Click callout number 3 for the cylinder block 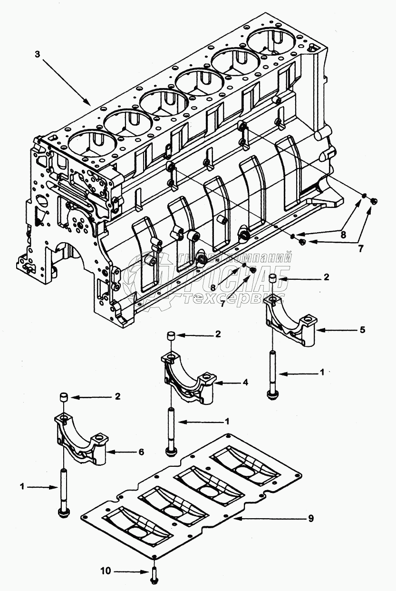38,54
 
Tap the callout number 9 310,518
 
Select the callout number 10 106,570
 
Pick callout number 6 141,452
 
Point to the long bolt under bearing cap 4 170,428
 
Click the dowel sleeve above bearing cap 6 63,397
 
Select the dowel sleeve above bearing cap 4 170,336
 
